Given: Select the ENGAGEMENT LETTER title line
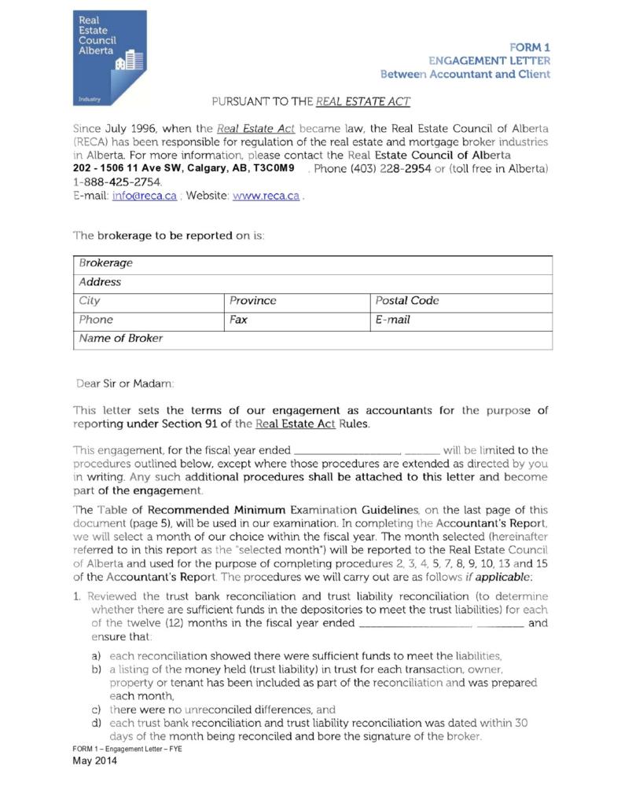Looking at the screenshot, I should click(x=489, y=60).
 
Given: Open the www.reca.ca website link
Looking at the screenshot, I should click(x=266, y=196).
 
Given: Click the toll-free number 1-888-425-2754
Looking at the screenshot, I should click(x=116, y=182).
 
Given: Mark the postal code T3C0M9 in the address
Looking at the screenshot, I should click(x=274, y=168).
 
